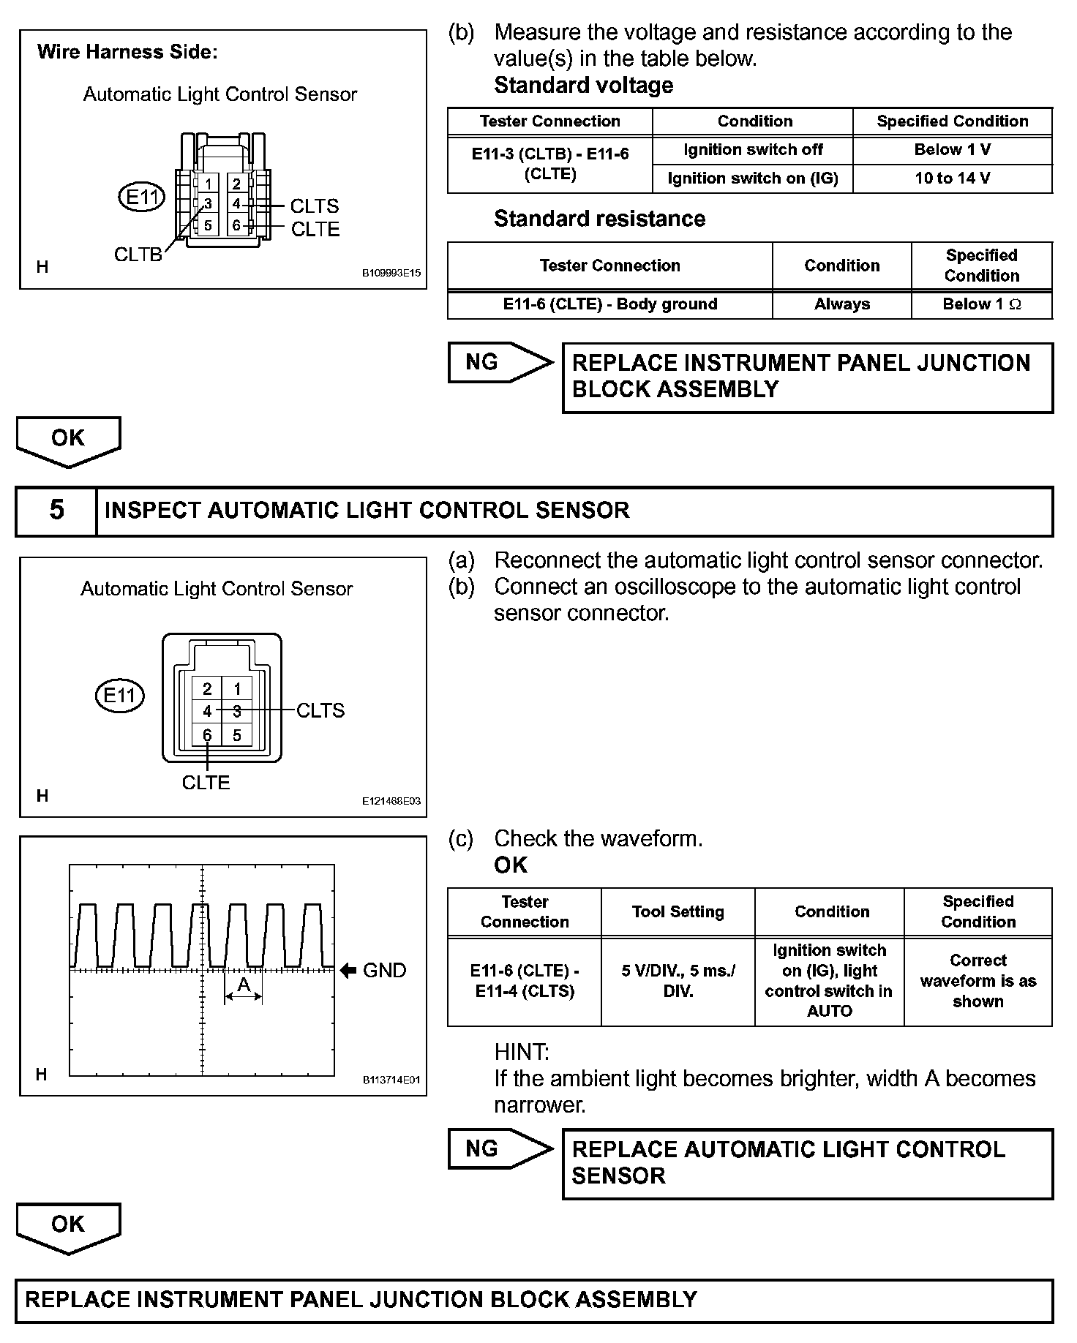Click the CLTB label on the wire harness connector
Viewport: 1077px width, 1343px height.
[x=138, y=254]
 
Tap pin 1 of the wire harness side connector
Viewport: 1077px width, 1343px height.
[x=209, y=184]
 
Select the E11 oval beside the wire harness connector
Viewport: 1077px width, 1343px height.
[x=142, y=197]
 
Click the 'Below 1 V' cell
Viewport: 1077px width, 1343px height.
[x=952, y=150]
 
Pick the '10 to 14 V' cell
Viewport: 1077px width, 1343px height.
[x=952, y=178]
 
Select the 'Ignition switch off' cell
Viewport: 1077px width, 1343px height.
[x=753, y=150]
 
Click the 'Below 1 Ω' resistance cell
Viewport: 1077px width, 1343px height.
[x=981, y=304]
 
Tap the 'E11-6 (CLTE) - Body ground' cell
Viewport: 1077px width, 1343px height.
[x=609, y=304]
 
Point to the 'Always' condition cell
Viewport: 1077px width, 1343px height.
[x=841, y=304]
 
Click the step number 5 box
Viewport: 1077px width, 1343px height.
[x=56, y=510]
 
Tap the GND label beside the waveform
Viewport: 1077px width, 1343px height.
[x=384, y=970]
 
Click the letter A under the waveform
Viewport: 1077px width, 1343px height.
[x=244, y=985]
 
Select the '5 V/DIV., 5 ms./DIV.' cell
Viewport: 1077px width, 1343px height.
[x=678, y=981]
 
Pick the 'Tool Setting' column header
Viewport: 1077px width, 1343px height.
[x=678, y=911]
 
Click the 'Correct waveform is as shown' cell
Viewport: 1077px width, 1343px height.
[x=977, y=981]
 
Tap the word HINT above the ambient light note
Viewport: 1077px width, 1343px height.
[x=521, y=1052]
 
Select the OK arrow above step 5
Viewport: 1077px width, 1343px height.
[x=68, y=440]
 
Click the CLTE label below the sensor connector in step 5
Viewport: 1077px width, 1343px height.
[x=206, y=783]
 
